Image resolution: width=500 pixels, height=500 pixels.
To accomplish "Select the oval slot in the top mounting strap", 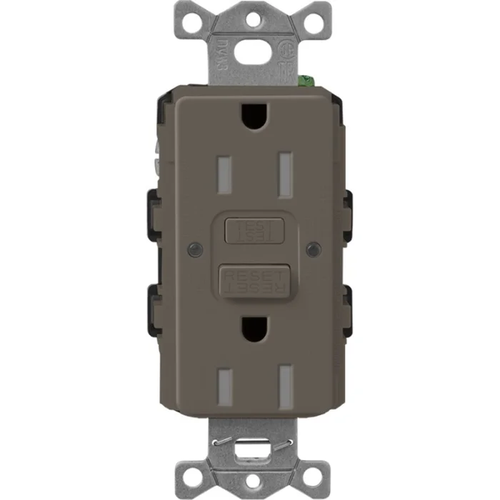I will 250,46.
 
